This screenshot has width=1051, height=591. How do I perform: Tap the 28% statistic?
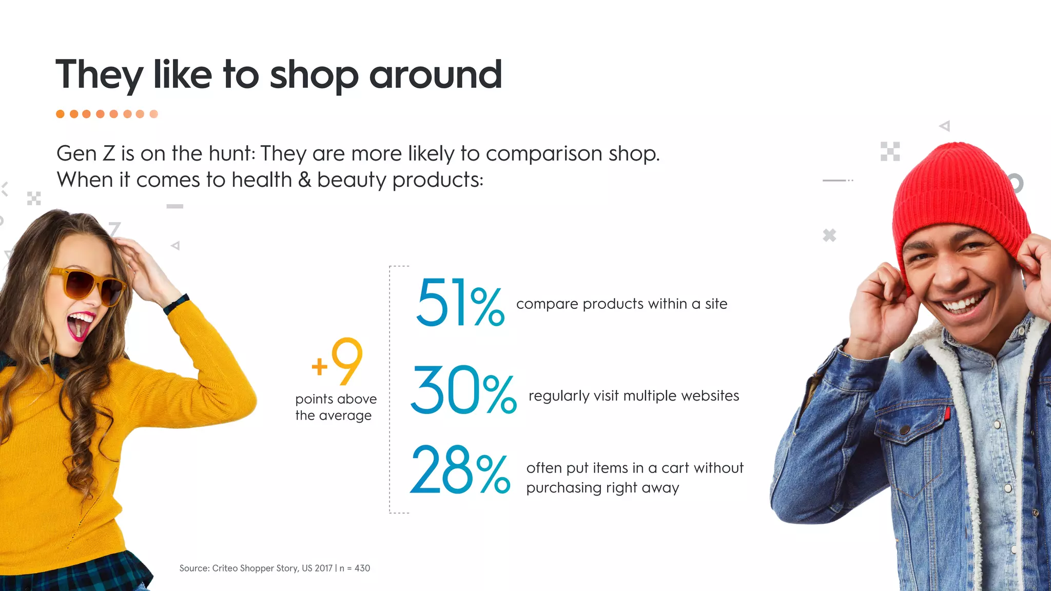(x=460, y=470)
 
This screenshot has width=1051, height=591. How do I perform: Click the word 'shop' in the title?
(x=314, y=75)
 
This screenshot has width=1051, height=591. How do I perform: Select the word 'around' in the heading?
(x=435, y=74)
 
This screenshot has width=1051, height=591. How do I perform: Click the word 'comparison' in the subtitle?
(x=544, y=154)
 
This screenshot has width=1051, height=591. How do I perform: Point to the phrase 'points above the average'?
(x=336, y=407)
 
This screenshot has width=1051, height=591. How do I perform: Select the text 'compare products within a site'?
(x=621, y=304)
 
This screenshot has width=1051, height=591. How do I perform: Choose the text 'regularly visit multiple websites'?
(x=634, y=396)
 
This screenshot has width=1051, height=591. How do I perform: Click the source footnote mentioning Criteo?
(x=275, y=568)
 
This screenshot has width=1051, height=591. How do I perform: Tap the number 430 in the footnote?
(x=362, y=568)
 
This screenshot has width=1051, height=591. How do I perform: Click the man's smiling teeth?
(x=965, y=303)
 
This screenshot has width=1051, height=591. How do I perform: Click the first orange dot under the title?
(x=61, y=114)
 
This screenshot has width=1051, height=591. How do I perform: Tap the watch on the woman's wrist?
(x=176, y=304)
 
